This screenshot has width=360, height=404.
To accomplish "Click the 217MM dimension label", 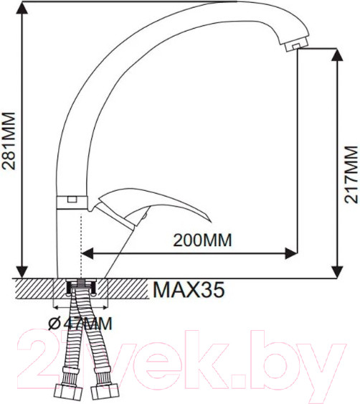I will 350,174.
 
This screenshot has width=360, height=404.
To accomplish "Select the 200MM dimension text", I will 203,240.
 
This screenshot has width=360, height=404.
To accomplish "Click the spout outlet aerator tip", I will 292,46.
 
